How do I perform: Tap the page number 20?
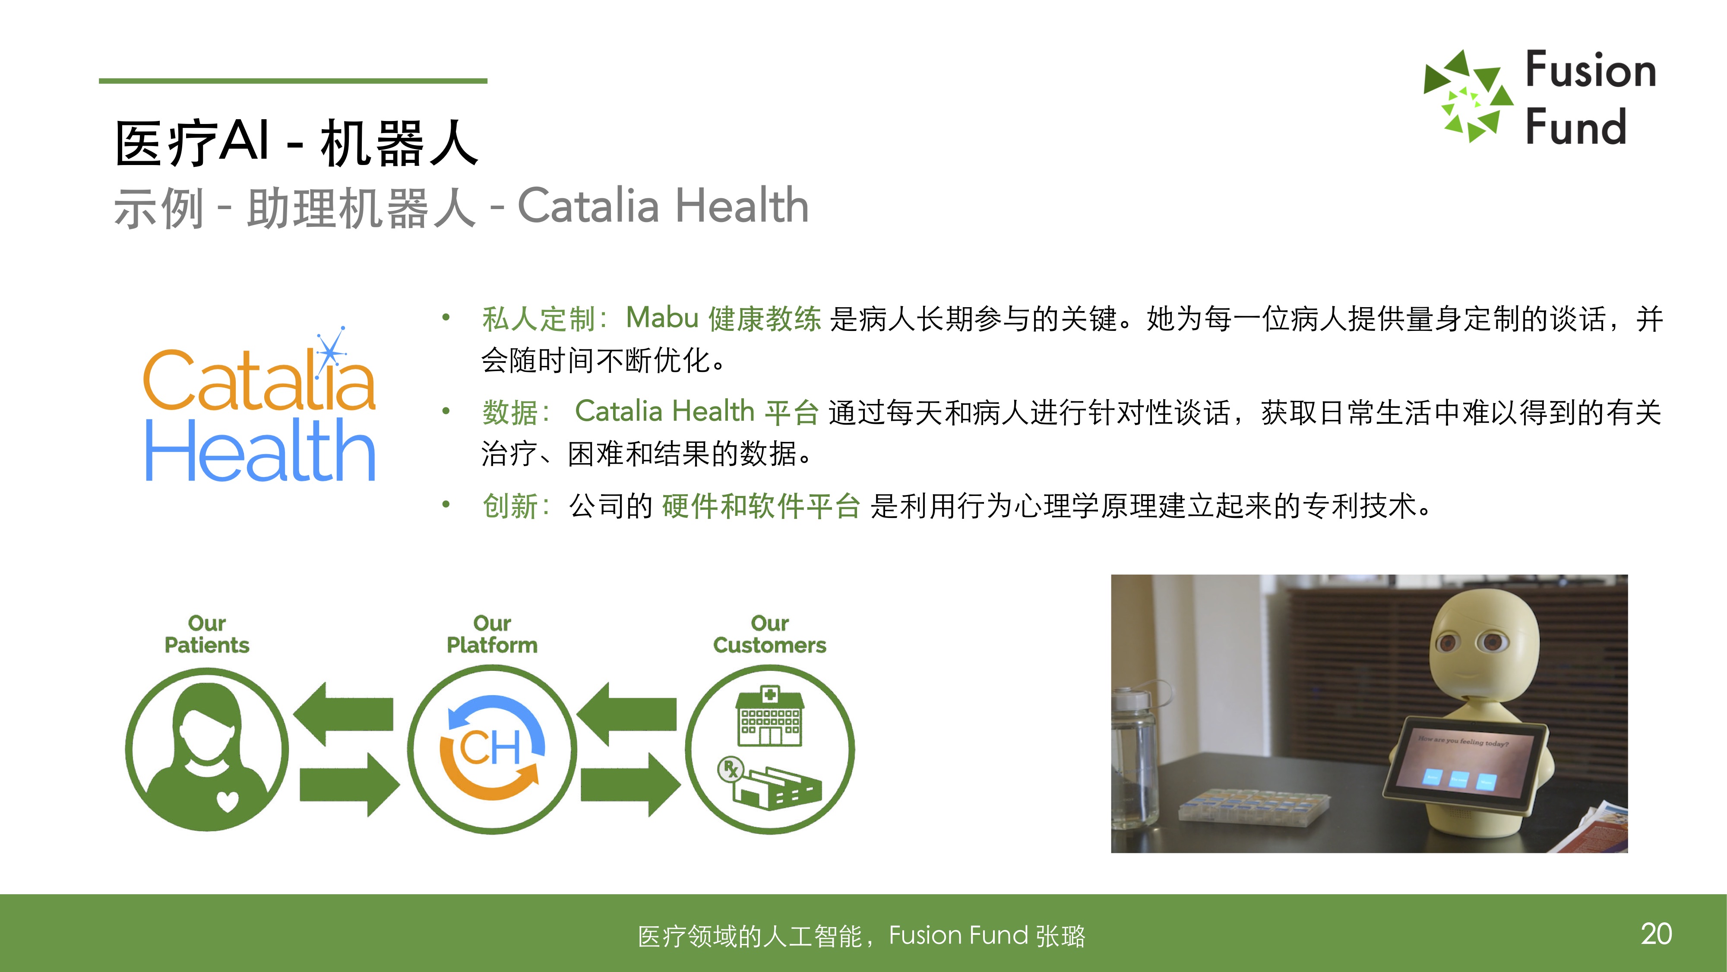(1656, 934)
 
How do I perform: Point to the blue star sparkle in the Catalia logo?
(331, 351)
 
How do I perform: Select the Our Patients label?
(207, 634)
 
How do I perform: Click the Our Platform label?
(492, 634)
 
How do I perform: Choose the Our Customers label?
(770, 634)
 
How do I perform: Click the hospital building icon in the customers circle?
(770, 716)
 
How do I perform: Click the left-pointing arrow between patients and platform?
(343, 714)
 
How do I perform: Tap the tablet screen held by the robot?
(1465, 761)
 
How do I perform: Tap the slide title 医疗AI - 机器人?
(296, 143)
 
